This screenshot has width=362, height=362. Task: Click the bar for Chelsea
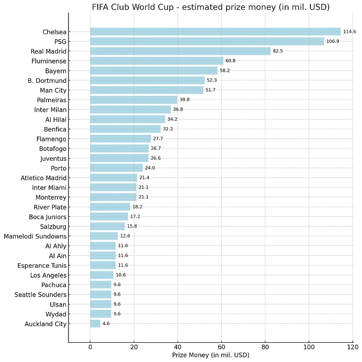pyautogui.click(x=215, y=32)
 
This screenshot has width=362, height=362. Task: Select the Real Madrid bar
pyautogui.click(x=181, y=51)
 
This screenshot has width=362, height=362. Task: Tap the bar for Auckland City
pyautogui.click(x=95, y=324)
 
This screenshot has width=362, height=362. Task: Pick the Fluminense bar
pyautogui.click(x=157, y=61)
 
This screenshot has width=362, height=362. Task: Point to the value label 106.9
pyautogui.click(x=332, y=42)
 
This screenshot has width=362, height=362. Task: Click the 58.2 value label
pyautogui.click(x=226, y=71)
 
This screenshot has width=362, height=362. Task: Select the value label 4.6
pyautogui.click(x=107, y=324)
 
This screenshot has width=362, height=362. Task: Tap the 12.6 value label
pyautogui.click(x=125, y=236)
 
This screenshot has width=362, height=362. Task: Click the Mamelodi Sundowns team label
pyautogui.click(x=35, y=236)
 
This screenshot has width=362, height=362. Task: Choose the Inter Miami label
pyautogui.click(x=49, y=187)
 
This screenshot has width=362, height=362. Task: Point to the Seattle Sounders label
pyautogui.click(x=42, y=295)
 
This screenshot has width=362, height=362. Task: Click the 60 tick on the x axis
pyautogui.click(x=221, y=347)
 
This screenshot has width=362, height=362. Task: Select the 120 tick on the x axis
pyautogui.click(x=353, y=347)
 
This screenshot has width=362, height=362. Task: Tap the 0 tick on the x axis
pyautogui.click(x=90, y=347)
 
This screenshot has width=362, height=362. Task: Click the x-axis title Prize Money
pyautogui.click(x=211, y=356)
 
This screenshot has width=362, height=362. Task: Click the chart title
pyautogui.click(x=211, y=7)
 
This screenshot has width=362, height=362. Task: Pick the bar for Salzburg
pyautogui.click(x=108, y=227)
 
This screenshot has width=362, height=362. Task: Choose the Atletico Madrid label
pyautogui.click(x=44, y=178)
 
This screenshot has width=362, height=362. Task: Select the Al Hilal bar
pyautogui.click(x=127, y=120)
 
